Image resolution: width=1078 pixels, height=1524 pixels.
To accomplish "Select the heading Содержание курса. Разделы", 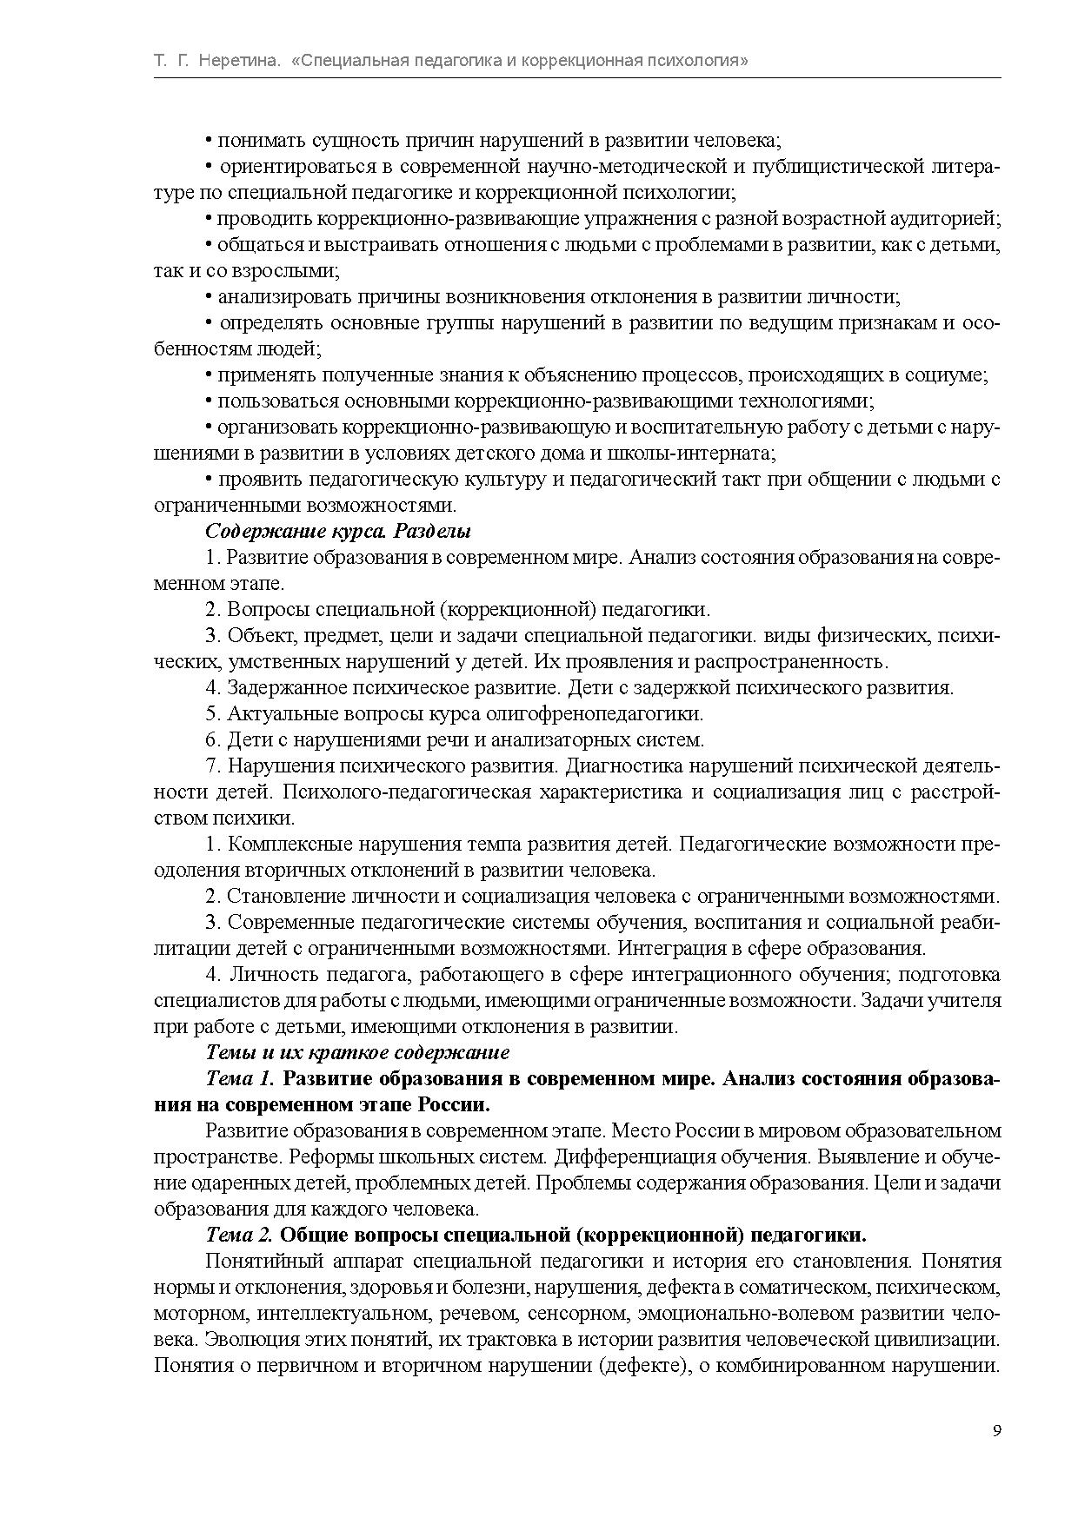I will point(338,531).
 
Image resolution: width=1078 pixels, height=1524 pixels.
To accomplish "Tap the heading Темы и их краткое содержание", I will point(357,1052).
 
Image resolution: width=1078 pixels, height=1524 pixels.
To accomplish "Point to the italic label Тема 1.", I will point(240,1078).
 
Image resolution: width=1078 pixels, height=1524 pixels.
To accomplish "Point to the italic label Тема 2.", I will point(240,1235).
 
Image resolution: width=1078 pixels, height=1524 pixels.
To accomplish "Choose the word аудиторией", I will point(945,218).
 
